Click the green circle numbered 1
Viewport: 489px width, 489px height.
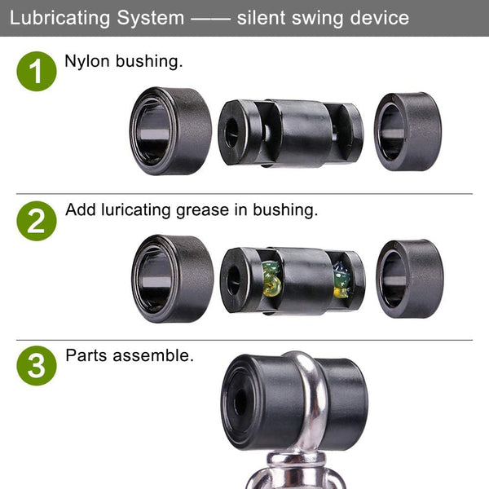(37, 72)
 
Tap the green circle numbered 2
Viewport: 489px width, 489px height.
(37, 221)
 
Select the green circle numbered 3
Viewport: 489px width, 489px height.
(37, 365)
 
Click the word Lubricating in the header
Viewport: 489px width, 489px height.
(59, 18)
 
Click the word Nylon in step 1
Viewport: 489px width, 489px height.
(87, 62)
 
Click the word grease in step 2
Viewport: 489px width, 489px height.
(203, 211)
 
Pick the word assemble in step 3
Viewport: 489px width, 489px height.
(153, 355)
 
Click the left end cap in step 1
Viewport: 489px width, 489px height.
(170, 131)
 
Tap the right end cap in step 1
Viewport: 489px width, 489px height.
(408, 131)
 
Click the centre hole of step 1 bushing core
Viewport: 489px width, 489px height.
(231, 134)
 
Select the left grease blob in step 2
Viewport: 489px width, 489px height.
(271, 279)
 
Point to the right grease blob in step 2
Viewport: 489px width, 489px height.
(341, 280)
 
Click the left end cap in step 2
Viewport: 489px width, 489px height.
(173, 279)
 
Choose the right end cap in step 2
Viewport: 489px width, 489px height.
(410, 279)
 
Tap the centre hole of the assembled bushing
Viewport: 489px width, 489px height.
(240, 403)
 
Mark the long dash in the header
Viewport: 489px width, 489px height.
(210, 19)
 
